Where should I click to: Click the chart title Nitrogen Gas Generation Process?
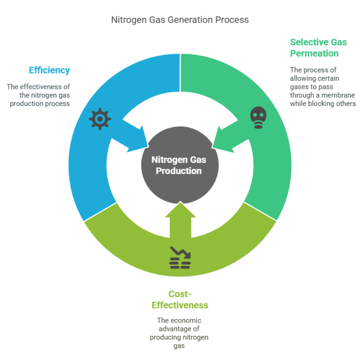[180, 20]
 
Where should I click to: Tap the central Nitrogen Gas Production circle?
[180, 165]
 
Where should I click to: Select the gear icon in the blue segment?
[100, 119]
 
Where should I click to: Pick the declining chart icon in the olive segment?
[180, 258]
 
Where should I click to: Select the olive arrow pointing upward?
[180, 220]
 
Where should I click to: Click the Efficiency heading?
[50, 71]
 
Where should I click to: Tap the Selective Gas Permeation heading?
[318, 48]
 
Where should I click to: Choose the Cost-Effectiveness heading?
[180, 300]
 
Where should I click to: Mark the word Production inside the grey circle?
[179, 171]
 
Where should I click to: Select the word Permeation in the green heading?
[314, 53]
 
